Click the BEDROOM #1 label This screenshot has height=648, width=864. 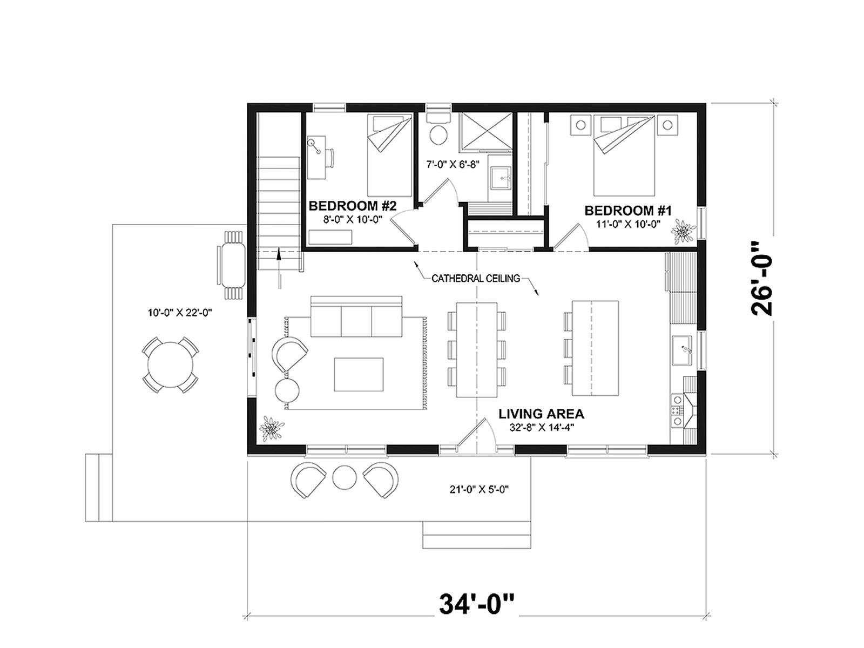coord(627,211)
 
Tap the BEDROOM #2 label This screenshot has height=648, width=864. coord(352,206)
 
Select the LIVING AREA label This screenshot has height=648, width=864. coord(541,414)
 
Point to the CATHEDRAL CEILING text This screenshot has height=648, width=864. coord(476,279)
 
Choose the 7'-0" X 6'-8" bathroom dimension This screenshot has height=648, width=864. coord(453,165)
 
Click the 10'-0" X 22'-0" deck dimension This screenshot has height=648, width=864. coord(180,313)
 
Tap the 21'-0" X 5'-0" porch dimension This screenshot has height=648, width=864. coord(479,489)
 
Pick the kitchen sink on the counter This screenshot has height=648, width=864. coord(683,350)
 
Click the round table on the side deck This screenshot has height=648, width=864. coord(171,364)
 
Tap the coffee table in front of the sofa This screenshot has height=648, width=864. coord(359,374)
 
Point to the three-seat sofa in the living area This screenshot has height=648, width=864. coord(356,316)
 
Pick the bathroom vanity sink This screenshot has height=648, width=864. coord(501,178)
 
